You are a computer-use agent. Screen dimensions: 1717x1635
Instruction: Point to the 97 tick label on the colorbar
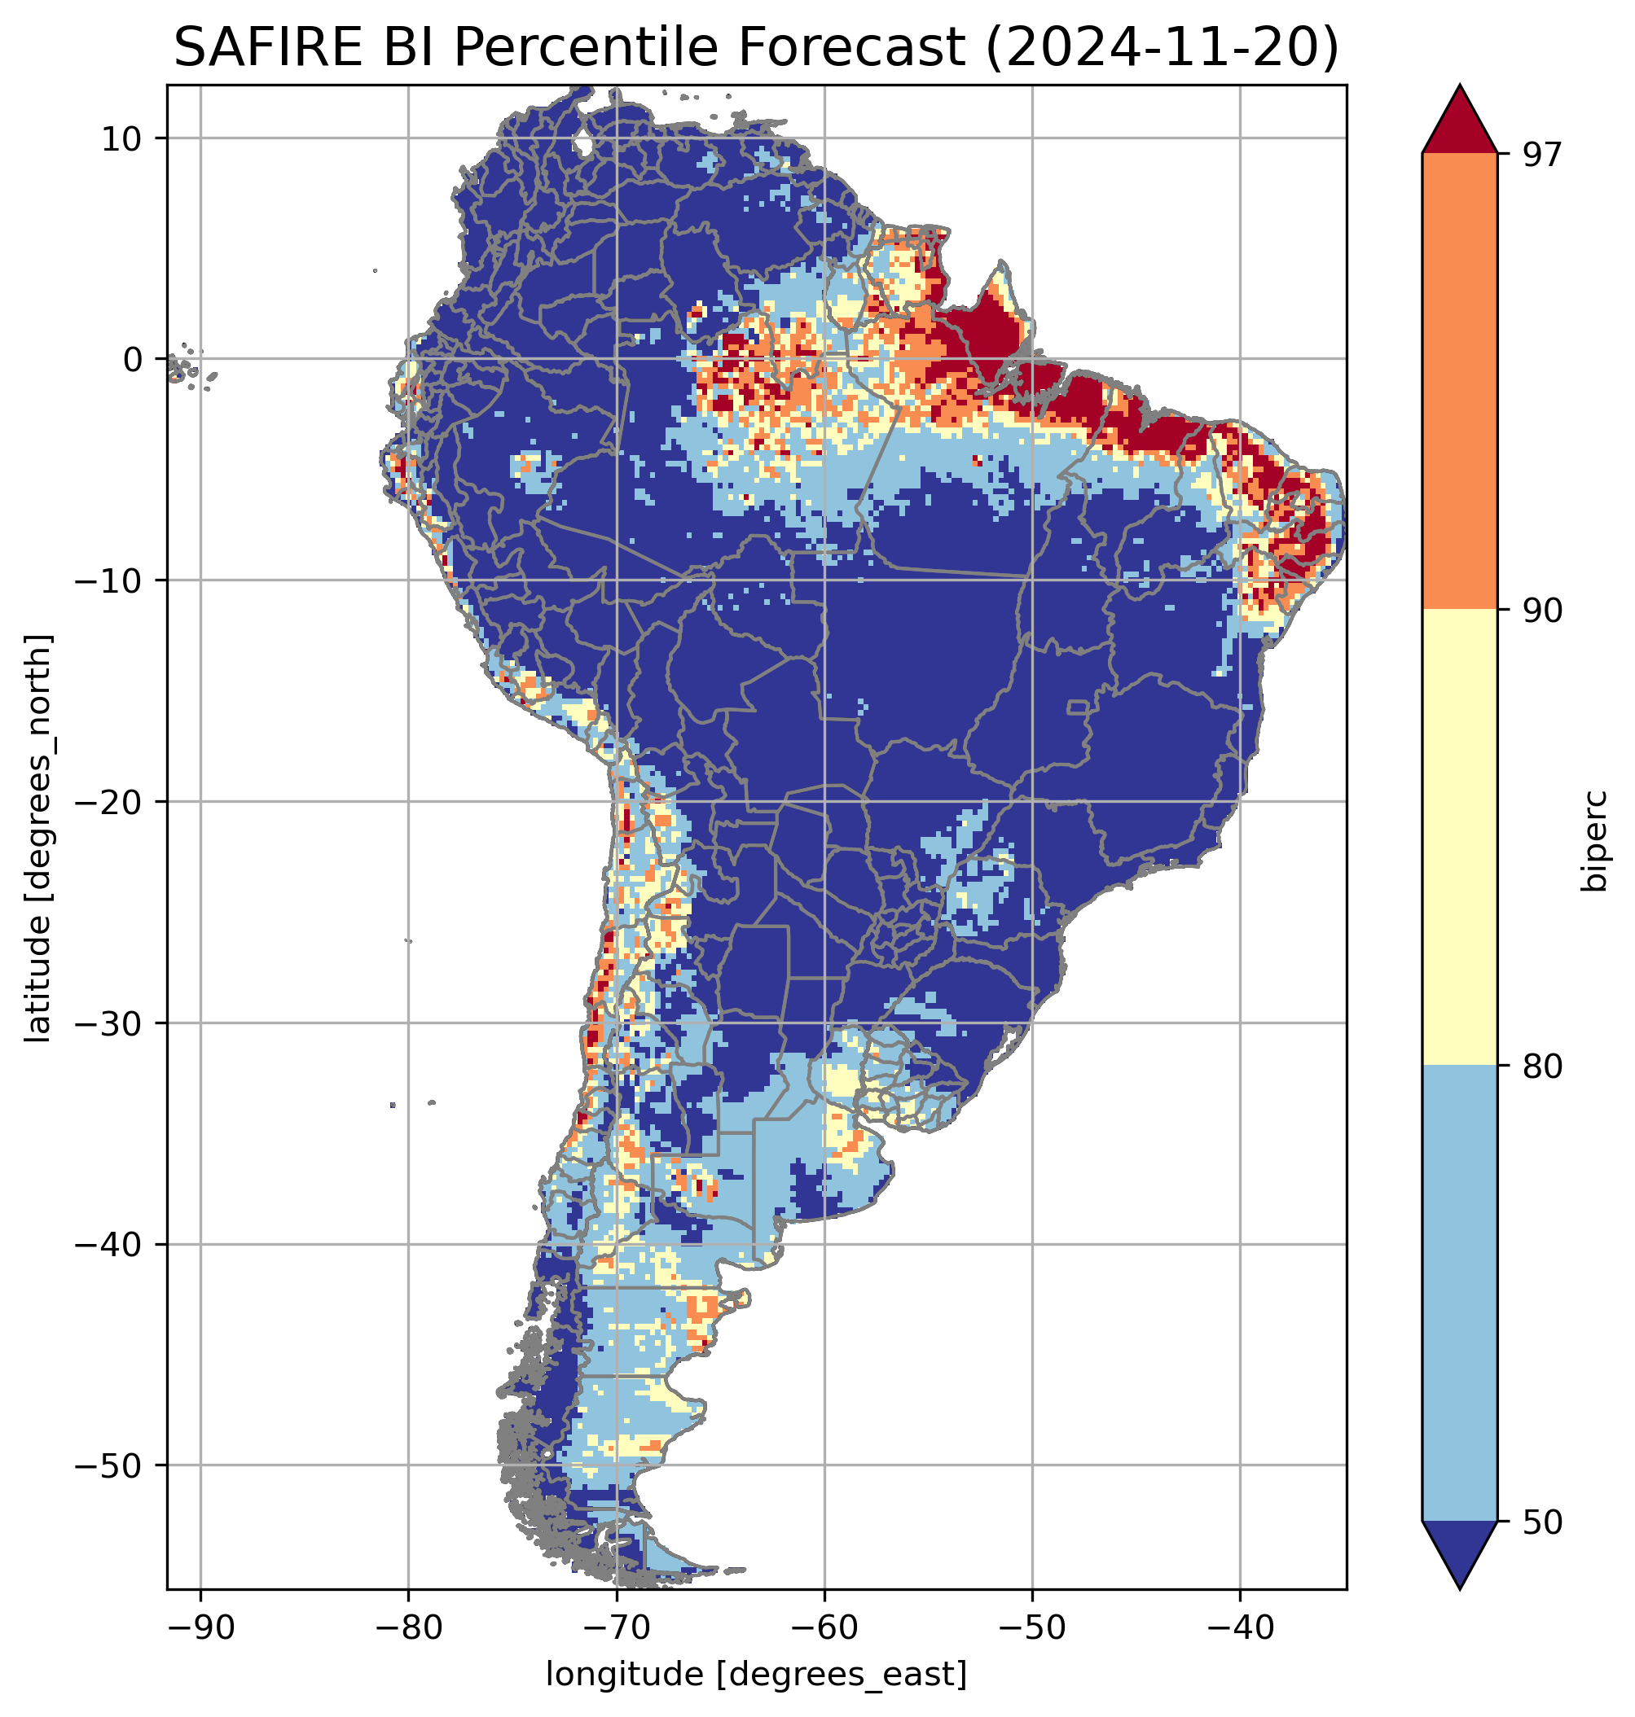coord(1542,154)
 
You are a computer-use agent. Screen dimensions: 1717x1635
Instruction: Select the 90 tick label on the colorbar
coord(1542,611)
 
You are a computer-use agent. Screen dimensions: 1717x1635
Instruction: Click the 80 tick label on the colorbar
coord(1542,1067)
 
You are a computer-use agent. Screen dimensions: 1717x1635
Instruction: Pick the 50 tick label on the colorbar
coord(1542,1522)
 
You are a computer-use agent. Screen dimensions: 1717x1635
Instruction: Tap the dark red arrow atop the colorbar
coord(1459,122)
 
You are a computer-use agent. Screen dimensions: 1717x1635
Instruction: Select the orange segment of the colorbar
coord(1459,382)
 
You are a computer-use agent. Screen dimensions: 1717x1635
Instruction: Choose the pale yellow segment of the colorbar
coord(1459,836)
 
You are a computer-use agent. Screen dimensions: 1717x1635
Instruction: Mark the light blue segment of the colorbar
coord(1459,1294)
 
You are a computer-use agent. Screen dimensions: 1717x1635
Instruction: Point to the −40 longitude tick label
coord(1239,1627)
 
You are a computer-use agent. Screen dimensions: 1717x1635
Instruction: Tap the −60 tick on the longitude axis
coord(824,1627)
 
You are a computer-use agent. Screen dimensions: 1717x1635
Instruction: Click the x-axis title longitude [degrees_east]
coord(756,1673)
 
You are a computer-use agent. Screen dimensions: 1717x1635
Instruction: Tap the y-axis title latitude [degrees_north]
coord(38,838)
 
